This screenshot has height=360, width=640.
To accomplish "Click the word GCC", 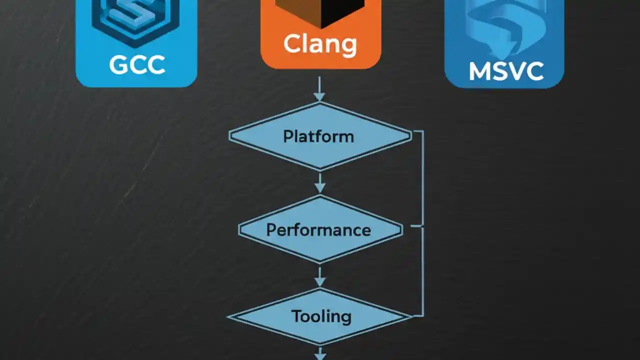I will (x=136, y=65).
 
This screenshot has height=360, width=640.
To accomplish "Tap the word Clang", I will (x=320, y=44).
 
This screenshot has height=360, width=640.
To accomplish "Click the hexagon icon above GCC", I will (x=136, y=20).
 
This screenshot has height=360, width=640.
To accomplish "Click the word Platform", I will (x=318, y=136).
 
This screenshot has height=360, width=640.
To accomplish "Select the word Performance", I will (x=318, y=230).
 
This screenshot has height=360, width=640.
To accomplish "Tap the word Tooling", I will (x=321, y=316).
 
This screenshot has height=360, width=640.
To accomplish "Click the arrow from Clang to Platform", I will (x=319, y=90).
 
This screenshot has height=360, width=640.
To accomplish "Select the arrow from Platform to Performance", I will (x=319, y=182).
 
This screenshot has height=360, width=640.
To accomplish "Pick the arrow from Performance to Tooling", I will (x=319, y=275).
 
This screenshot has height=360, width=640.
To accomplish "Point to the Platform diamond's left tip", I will (x=230, y=135).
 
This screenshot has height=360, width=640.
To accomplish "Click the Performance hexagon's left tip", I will (x=240, y=229).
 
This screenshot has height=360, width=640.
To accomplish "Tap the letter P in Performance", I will (x=271, y=230).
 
